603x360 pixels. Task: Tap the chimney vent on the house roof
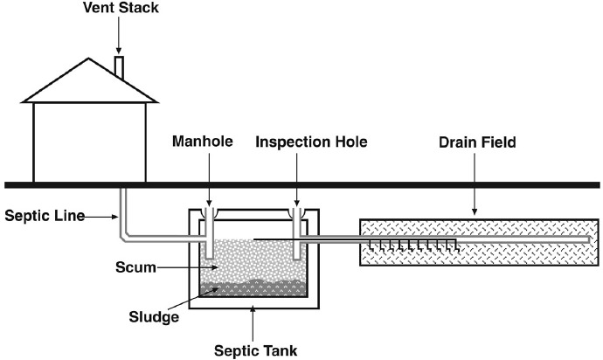(120, 67)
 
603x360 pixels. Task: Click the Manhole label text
(204, 141)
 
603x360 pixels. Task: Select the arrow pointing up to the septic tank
(253, 319)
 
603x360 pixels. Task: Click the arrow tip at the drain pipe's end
(594, 238)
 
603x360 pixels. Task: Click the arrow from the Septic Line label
(101, 215)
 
